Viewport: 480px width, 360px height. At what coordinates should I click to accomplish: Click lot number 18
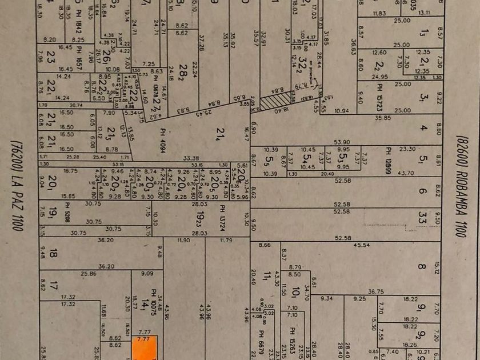[53, 253]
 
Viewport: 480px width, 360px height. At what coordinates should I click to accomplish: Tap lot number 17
[53, 284]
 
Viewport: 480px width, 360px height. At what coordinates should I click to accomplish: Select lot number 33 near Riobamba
[422, 218]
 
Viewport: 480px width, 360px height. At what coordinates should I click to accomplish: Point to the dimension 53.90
[342, 141]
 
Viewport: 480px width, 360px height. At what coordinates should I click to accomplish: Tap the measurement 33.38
[191, 158]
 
